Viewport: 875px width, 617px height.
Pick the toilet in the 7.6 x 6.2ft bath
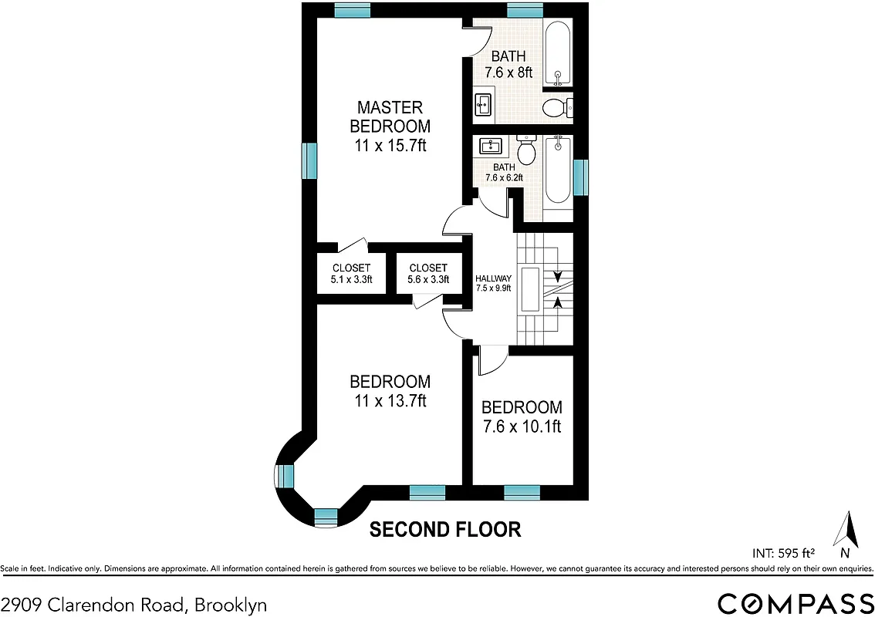click(x=527, y=151)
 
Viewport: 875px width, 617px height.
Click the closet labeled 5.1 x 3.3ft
click(x=342, y=274)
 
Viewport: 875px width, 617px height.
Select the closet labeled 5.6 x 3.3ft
click(x=428, y=274)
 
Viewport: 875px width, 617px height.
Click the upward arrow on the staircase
click(x=557, y=302)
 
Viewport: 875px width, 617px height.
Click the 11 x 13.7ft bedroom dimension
click(x=390, y=400)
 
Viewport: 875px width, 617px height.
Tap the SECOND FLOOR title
click(x=445, y=530)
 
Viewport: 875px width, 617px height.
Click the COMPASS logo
click(x=796, y=602)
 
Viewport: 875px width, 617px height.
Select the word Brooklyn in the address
click(x=231, y=605)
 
